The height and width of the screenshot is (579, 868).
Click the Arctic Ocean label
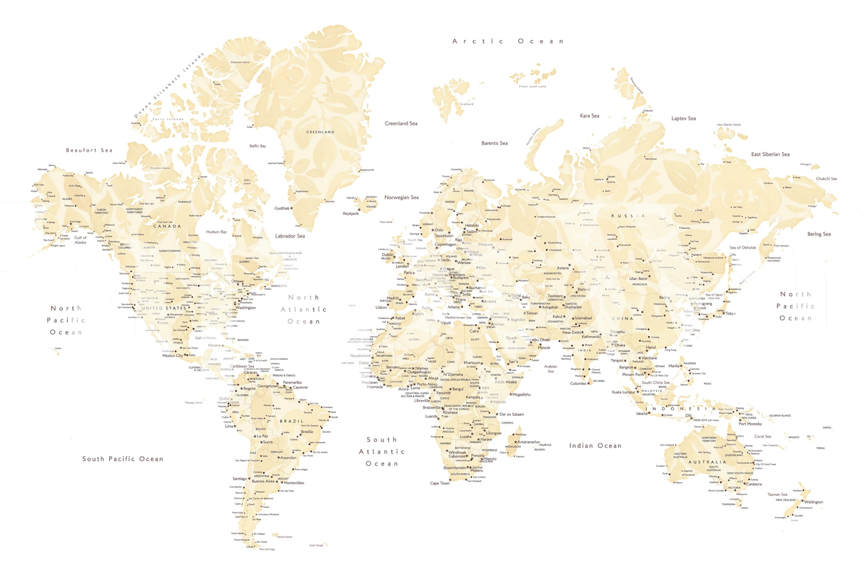click(x=508, y=41)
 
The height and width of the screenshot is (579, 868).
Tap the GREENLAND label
click(x=320, y=132)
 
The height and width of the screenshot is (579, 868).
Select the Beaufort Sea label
click(x=89, y=150)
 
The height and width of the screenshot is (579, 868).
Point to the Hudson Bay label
click(x=216, y=232)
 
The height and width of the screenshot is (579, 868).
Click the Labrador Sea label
click(x=290, y=236)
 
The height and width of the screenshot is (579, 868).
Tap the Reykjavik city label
click(x=351, y=214)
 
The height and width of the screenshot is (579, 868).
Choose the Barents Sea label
click(x=494, y=143)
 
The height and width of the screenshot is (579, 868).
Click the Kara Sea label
click(x=589, y=116)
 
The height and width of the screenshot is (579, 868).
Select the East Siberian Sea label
click(x=770, y=154)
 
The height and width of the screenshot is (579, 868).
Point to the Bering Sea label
click(x=819, y=234)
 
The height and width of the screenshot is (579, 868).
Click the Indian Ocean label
click(x=595, y=446)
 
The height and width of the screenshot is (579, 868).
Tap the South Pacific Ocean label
click(x=123, y=459)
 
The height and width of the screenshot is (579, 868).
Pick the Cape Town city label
click(x=440, y=483)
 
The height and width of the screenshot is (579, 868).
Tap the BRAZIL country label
click(x=292, y=421)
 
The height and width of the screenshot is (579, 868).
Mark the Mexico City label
click(x=173, y=356)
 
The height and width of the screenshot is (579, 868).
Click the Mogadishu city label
click(x=521, y=394)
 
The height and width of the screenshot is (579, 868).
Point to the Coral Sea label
click(x=763, y=437)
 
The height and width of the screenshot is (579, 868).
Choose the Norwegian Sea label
click(x=401, y=198)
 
